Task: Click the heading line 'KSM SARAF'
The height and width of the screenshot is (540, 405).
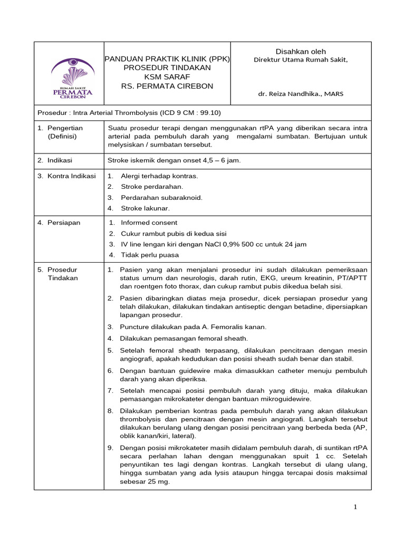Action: (x=167, y=77)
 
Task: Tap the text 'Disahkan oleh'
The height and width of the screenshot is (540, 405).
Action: (x=301, y=51)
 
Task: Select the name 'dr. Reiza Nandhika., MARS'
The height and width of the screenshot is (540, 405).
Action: (x=300, y=94)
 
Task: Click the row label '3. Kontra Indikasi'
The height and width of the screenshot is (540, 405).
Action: (x=67, y=176)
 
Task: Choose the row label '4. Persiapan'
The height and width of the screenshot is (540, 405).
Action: (x=59, y=223)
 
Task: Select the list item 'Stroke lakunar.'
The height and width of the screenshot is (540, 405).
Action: (x=146, y=208)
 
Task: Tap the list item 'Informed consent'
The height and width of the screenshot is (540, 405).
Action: (x=149, y=223)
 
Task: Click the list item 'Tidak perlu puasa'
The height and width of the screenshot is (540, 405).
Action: (x=150, y=255)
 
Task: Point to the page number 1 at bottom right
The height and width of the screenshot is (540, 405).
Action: (x=355, y=507)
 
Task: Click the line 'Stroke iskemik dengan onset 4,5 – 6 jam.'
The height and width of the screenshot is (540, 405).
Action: (x=174, y=160)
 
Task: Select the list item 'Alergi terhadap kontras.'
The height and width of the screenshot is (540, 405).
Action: (x=159, y=176)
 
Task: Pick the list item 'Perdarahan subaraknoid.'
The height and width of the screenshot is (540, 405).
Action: (x=161, y=197)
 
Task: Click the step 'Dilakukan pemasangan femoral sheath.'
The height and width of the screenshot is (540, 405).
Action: (x=184, y=338)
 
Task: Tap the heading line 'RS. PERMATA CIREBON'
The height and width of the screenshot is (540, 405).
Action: (x=167, y=86)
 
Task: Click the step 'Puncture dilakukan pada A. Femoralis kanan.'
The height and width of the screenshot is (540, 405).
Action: (x=194, y=326)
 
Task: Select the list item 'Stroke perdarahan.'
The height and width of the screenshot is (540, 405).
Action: (x=152, y=186)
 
